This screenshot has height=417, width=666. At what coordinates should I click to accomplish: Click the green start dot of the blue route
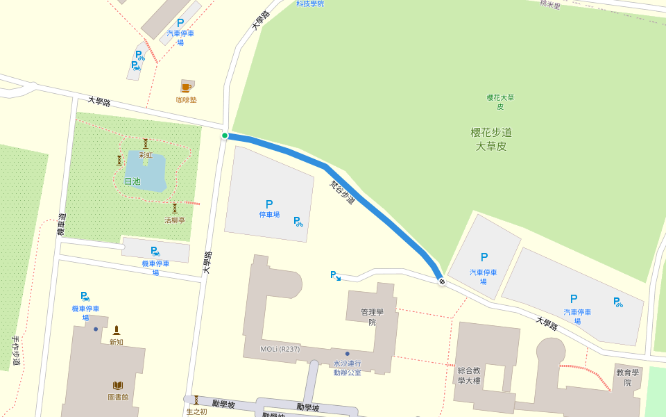(225, 136)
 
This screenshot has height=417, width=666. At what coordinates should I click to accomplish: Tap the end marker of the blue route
(441, 281)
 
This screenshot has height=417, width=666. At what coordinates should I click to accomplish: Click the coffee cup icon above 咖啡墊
(186, 87)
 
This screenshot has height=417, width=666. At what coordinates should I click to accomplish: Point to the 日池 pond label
(132, 181)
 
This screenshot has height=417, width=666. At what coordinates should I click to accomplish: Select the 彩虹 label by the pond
(146, 155)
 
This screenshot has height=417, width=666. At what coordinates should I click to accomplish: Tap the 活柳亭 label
(175, 220)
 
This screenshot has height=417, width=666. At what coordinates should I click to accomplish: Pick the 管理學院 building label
(372, 317)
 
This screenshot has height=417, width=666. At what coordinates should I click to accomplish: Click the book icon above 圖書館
(118, 385)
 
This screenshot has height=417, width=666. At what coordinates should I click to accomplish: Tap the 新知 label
(117, 342)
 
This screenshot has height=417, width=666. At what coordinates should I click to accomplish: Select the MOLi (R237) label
(280, 349)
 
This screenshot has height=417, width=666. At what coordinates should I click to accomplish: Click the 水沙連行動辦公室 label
(347, 368)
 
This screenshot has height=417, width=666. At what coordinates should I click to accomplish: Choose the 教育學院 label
(627, 377)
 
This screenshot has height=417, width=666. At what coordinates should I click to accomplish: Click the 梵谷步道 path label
(342, 193)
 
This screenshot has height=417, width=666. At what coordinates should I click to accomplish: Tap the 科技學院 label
(310, 3)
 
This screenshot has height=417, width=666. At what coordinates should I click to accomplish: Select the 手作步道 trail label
(16, 351)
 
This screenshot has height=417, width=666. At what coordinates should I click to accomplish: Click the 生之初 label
(196, 411)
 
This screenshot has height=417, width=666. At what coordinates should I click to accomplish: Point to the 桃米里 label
(549, 4)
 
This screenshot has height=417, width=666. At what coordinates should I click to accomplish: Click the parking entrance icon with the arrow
(335, 275)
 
